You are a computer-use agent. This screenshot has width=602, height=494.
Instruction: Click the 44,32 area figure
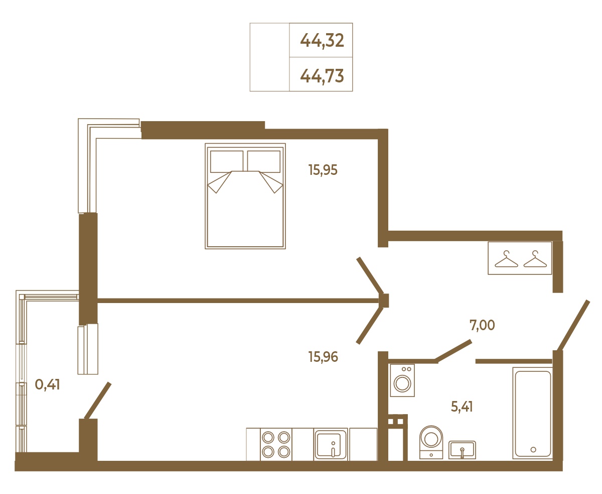[322, 41]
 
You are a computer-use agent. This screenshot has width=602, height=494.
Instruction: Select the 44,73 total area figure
[322, 76]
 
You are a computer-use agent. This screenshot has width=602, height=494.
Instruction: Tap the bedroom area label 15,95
[323, 170]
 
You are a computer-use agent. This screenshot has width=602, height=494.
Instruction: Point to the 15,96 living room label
[323, 357]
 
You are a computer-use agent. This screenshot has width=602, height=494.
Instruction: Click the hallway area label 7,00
[482, 325]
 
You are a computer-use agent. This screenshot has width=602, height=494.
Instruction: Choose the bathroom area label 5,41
[462, 407]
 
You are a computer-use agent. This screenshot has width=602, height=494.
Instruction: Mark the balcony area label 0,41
[47, 384]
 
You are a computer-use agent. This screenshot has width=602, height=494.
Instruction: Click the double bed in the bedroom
[245, 196]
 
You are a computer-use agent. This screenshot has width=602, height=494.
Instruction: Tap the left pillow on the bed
[227, 161]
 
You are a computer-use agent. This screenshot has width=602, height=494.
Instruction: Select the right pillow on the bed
[264, 161]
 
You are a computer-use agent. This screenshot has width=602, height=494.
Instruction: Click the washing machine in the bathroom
[402, 380]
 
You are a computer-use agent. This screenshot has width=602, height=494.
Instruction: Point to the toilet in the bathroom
[431, 442]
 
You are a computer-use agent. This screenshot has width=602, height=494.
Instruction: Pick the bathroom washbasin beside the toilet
[462, 450]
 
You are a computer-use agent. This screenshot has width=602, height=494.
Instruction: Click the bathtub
[533, 413]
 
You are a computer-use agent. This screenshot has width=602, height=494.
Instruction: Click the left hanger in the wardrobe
[506, 259]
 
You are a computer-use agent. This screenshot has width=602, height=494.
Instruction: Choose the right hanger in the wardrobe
[535, 259]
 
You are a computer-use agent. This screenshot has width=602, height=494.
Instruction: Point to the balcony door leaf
[98, 401]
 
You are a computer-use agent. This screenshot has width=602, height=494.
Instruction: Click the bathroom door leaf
[453, 351]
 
